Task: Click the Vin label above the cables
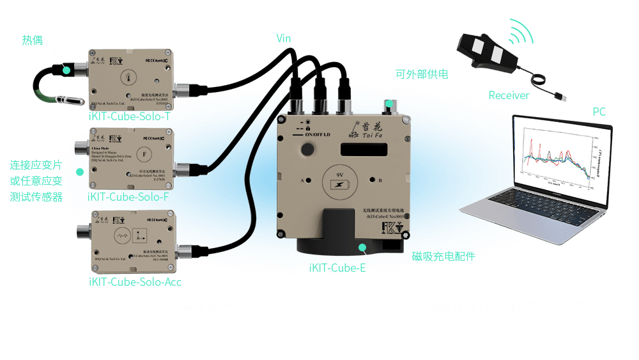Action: tap(284, 39)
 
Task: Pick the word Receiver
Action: tap(509, 95)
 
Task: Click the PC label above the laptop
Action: tap(599, 112)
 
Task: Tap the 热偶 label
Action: tap(33, 41)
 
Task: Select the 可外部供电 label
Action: tap(422, 74)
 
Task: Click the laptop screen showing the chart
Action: tap(555, 157)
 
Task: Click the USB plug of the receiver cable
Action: tap(560, 97)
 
